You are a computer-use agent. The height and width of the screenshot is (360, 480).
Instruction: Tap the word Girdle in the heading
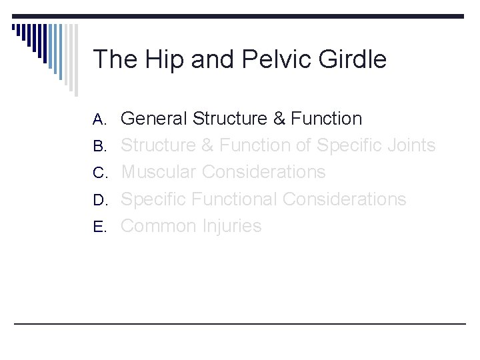click(x=353, y=60)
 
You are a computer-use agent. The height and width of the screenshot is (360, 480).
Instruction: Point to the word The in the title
click(x=115, y=60)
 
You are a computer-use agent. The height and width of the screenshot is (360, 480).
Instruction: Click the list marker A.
click(x=100, y=119)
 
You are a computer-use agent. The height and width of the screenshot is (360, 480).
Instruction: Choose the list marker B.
click(x=100, y=146)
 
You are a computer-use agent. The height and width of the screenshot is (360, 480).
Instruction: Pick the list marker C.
click(x=100, y=173)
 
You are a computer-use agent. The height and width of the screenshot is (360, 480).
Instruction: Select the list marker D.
click(x=100, y=200)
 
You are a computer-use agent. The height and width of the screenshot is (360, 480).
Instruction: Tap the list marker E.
click(x=100, y=227)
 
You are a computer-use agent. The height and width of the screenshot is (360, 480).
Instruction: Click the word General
click(x=154, y=119)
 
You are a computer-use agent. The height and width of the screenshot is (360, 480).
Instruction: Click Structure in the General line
click(x=229, y=119)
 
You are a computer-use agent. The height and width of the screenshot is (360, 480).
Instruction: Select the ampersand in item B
click(x=207, y=145)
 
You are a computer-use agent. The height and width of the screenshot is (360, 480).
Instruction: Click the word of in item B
click(x=303, y=145)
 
